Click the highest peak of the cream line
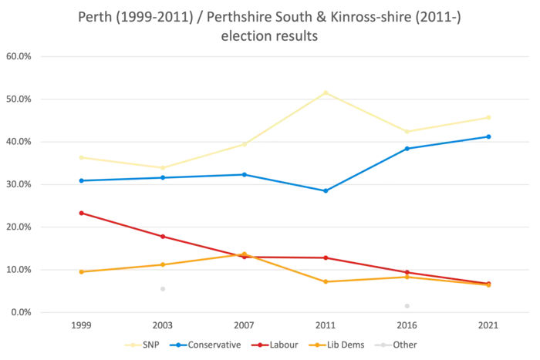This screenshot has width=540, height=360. pyautogui.click(x=326, y=92)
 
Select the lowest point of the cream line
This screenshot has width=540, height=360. pyautogui.click(x=162, y=167)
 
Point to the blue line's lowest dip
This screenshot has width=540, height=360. pyautogui.click(x=326, y=190)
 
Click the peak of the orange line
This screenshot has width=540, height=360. pyautogui.click(x=244, y=253)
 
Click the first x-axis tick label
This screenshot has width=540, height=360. pyautogui.click(x=80, y=327)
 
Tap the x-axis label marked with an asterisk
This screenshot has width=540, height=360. pyautogui.click(x=245, y=327)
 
